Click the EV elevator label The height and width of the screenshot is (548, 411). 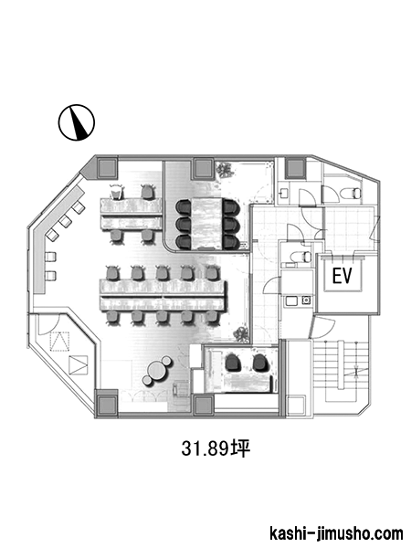[x=342, y=276]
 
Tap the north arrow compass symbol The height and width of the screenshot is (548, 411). [x=76, y=122]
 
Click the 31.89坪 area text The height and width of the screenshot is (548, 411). [x=216, y=448]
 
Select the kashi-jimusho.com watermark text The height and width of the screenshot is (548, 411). [x=336, y=534]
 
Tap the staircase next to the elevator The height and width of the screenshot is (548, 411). [x=341, y=371]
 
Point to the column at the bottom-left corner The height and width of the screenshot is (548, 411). [x=107, y=404]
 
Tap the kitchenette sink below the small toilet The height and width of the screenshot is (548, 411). [x=291, y=300]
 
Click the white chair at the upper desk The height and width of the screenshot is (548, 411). [x=116, y=191]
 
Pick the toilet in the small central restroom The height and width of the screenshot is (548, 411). [x=306, y=256]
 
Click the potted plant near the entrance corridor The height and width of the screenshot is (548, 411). [x=242, y=334]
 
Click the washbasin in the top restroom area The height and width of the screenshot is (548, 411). [x=284, y=193]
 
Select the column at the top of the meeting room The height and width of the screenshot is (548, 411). [x=204, y=168]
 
